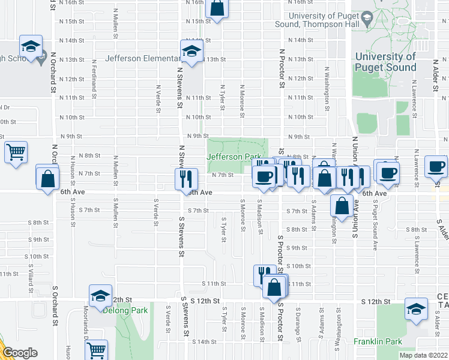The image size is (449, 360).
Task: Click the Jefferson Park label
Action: tap(234, 157)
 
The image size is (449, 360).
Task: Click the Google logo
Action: tap(19, 353)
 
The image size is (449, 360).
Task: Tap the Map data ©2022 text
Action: tap(423, 355)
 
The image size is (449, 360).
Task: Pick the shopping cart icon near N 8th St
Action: tap(16, 151)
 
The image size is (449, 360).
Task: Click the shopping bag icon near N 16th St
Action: tap(217, 8)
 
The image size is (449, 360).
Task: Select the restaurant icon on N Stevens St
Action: tap(185, 178)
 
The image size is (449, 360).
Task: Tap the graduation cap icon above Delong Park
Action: tap(100, 296)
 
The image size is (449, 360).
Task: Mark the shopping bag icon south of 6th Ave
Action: tap(342, 205)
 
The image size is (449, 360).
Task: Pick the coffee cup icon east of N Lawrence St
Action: tap(436, 166)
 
